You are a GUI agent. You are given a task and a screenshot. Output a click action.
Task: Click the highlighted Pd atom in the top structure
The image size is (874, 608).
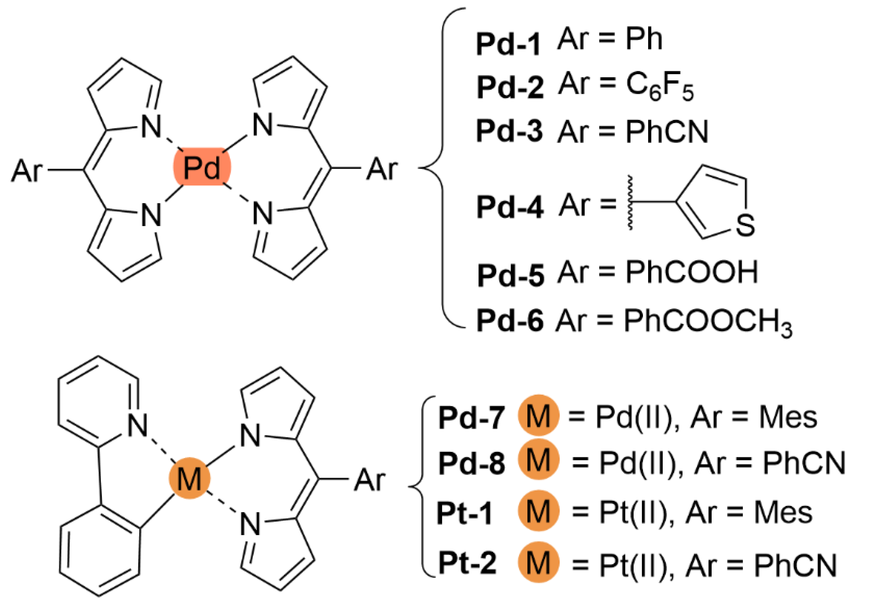click(202, 167)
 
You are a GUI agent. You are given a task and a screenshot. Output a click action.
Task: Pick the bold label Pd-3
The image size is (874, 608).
click(509, 132)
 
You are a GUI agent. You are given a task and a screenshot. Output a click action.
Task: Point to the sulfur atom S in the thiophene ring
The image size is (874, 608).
click(745, 225)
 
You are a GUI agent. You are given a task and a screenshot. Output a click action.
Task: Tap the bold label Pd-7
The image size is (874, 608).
click(471, 418)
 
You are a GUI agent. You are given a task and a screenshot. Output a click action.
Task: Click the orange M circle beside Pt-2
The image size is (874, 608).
click(538, 562)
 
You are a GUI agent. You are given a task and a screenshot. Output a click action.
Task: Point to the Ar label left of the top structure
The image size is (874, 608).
click(27, 171)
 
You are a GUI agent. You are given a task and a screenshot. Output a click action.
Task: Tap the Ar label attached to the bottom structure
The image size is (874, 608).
click(369, 480)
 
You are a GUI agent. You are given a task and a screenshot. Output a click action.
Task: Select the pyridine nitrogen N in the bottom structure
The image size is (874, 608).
click(137, 425)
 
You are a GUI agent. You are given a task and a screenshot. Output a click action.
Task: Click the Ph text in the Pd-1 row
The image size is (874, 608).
click(644, 39)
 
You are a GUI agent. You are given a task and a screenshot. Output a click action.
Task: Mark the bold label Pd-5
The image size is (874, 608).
click(510, 275)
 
